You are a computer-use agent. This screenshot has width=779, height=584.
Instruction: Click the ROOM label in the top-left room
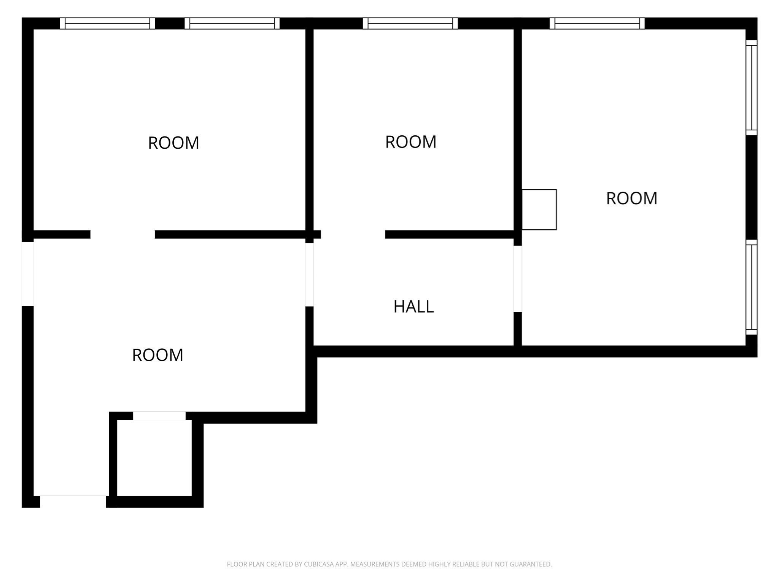coord(173,143)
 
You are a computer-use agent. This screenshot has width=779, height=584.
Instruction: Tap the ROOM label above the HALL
coord(411,142)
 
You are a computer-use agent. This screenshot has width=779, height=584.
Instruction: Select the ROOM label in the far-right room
coord(631,198)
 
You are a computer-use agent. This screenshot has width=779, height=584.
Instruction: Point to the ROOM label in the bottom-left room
coord(157,355)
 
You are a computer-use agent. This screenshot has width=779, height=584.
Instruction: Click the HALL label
coord(413,306)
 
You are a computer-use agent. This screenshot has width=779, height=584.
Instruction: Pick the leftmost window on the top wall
coord(107,24)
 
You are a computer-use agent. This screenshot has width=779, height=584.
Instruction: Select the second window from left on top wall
coord(232,24)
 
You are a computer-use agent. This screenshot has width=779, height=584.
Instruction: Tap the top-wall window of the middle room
coord(410,24)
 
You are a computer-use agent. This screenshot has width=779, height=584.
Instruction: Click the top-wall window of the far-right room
coord(597,24)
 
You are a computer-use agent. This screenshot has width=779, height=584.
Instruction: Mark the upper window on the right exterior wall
coord(751,87)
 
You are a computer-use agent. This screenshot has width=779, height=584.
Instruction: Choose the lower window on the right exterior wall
coord(751,287)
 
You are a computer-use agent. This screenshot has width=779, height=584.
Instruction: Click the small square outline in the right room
coord(539,209)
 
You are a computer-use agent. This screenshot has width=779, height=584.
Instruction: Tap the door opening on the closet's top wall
coord(159,416)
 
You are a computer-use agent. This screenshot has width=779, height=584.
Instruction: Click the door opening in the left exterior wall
coord(27,274)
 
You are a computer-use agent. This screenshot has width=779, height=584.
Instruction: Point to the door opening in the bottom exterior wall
coord(73,501)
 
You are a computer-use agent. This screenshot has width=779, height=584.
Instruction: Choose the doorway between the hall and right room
coord(517,279)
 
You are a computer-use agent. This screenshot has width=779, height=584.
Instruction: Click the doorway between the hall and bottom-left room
coord(309,275)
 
